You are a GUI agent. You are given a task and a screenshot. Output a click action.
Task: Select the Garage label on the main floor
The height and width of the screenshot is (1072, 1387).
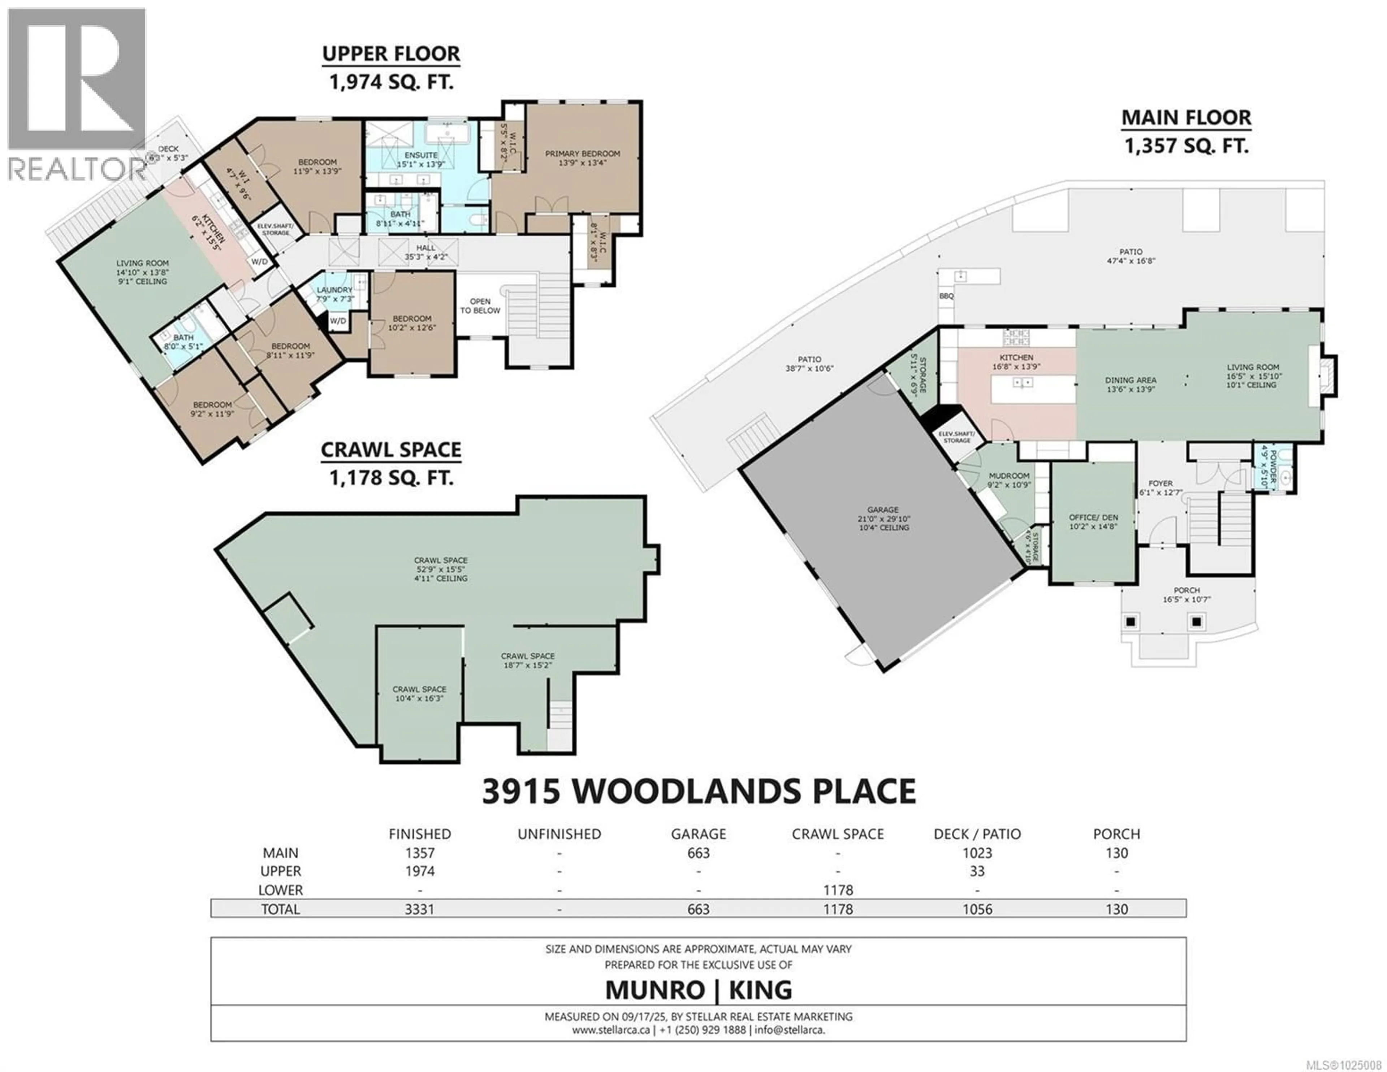883,510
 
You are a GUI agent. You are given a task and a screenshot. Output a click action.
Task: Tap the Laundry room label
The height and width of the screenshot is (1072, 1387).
335,290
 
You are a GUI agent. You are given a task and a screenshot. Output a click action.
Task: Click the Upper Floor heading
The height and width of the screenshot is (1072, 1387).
391,54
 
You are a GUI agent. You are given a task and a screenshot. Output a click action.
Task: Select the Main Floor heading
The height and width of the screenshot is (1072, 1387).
1186,118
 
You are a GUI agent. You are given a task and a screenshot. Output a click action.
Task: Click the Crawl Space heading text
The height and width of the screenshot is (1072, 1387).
391,450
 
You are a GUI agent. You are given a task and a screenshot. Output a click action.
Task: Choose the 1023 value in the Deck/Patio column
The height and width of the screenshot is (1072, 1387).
977,853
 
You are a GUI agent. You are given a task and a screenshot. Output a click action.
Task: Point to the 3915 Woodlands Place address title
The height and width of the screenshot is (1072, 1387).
699,791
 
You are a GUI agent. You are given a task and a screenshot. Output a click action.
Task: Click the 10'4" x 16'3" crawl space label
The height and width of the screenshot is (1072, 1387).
419,689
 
